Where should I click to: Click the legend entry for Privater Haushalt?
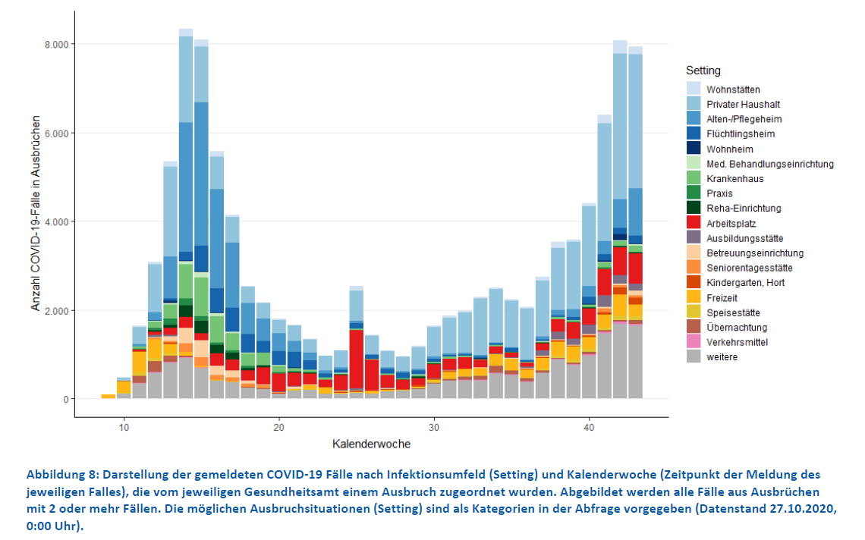743,105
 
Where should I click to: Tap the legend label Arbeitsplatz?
731,224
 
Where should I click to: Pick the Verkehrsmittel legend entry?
736,343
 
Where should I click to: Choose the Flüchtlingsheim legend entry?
741,134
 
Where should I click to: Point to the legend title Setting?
703,71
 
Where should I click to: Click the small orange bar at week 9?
109,396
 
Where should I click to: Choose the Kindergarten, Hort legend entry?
746,283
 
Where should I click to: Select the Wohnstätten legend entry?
733,89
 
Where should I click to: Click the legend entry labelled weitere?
722,357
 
